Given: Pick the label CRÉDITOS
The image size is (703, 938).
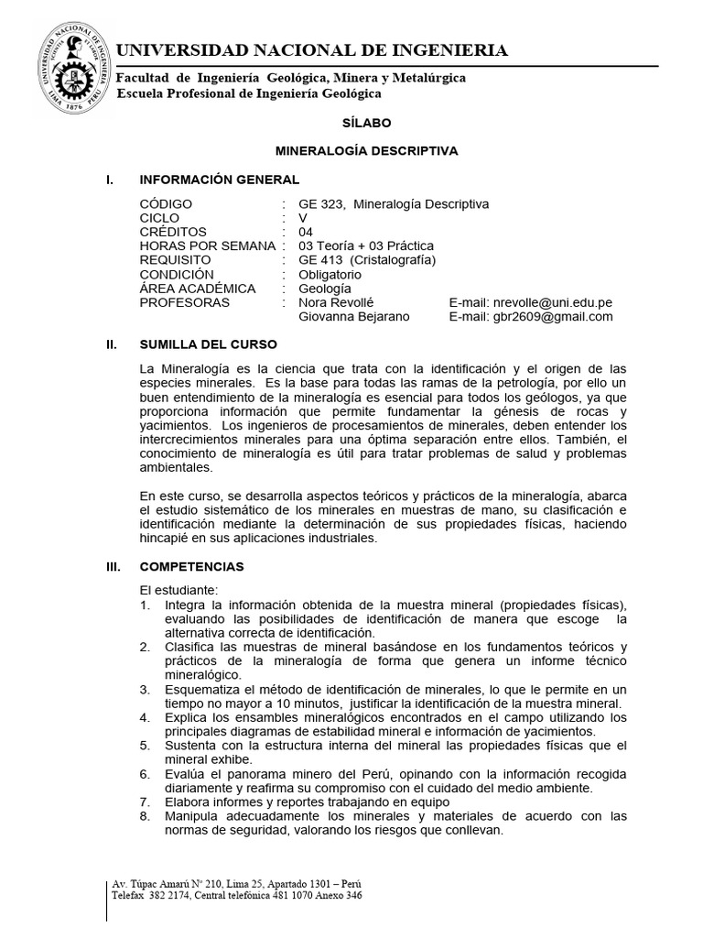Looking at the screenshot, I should (x=173, y=233).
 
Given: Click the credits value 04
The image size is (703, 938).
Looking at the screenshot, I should (x=306, y=233).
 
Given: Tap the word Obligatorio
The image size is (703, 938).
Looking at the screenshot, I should (x=330, y=275).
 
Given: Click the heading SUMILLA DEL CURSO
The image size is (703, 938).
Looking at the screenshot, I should (x=208, y=346).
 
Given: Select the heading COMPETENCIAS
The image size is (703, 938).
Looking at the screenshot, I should (x=191, y=568).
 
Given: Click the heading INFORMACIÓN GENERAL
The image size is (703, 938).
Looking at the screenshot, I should (x=219, y=180).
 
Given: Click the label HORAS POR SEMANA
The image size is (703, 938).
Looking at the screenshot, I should (x=208, y=246).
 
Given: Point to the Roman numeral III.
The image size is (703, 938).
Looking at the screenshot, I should (x=114, y=568).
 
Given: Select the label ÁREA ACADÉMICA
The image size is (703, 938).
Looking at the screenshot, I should (x=197, y=289).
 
